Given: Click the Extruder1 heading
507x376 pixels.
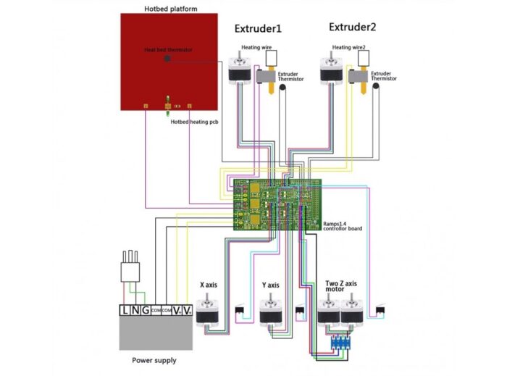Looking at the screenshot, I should (257, 29).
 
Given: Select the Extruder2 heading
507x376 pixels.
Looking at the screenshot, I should (352, 28).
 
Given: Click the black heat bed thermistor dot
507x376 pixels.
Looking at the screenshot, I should (168, 57).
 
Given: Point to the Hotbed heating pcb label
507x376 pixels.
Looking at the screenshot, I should (194, 122).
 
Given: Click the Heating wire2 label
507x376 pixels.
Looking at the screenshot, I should (348, 48).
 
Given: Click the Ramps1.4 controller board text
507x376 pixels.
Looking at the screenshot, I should (342, 225).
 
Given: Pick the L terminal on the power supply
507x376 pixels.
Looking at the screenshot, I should (127, 309).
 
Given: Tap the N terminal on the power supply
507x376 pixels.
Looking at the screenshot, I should (137, 309).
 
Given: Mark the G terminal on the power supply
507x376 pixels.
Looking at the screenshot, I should (146, 309).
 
